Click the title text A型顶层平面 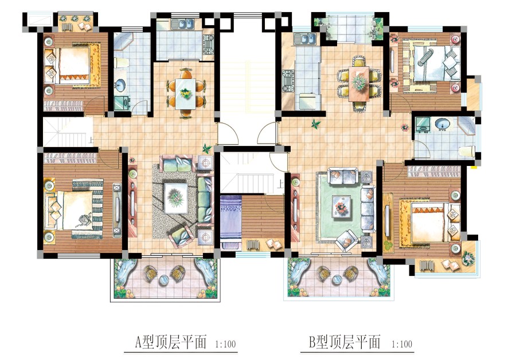pos(171,342)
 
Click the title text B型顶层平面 pos(345,342)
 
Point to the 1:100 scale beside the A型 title pos(225,345)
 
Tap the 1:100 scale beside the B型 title pos(402,345)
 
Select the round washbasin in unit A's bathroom pos(121,85)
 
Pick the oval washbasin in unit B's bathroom pos(442,124)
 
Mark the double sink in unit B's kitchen pos(306,39)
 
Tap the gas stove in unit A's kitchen pos(209,44)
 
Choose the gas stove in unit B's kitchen pos(288,81)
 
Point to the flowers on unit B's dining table pos(359,81)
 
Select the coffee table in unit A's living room pos(176,198)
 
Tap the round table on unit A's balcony pos(164,279)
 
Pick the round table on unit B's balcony pos(337,279)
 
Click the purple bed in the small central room pos(231,221)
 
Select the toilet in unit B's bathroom pos(467,152)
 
